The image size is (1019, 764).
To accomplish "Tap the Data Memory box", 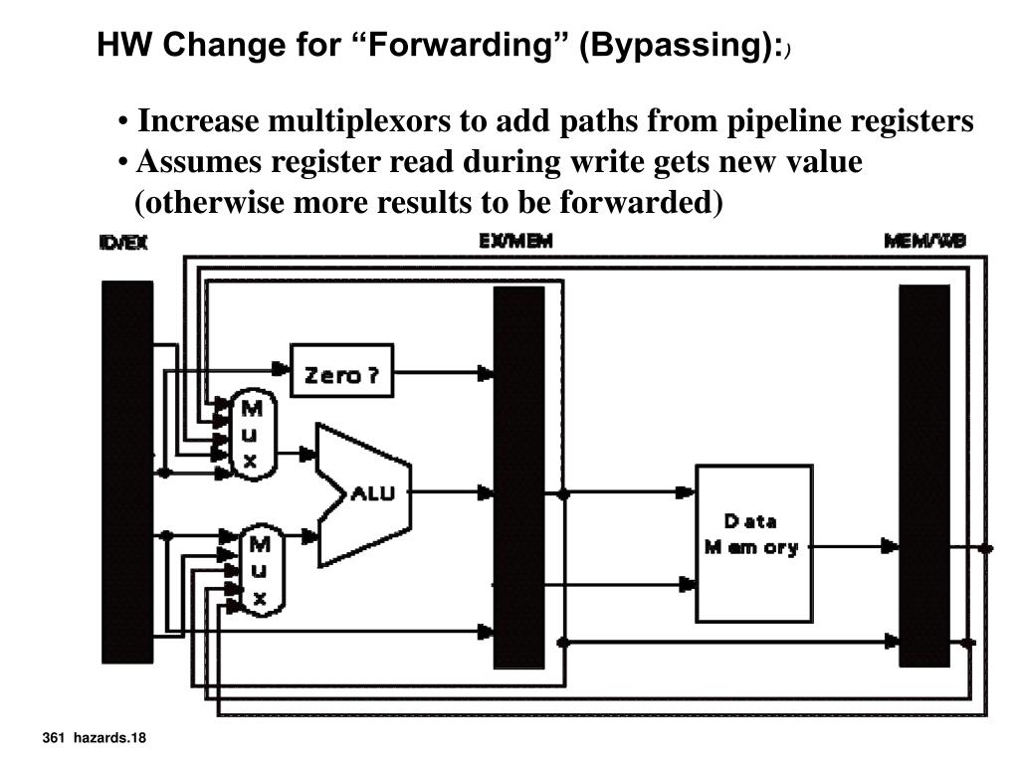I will (753, 543).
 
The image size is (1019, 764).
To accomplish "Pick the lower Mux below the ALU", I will (260, 570).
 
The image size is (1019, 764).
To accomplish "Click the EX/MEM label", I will (515, 242).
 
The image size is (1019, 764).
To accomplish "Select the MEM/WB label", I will (924, 242).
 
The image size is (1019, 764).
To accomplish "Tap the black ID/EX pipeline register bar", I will (127, 472).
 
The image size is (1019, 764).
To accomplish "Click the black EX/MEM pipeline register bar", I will (519, 477).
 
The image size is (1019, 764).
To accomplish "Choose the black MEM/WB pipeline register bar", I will (924, 476).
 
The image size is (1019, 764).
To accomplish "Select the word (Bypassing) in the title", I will (677, 45).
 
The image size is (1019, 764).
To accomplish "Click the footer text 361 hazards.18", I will (95, 737).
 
